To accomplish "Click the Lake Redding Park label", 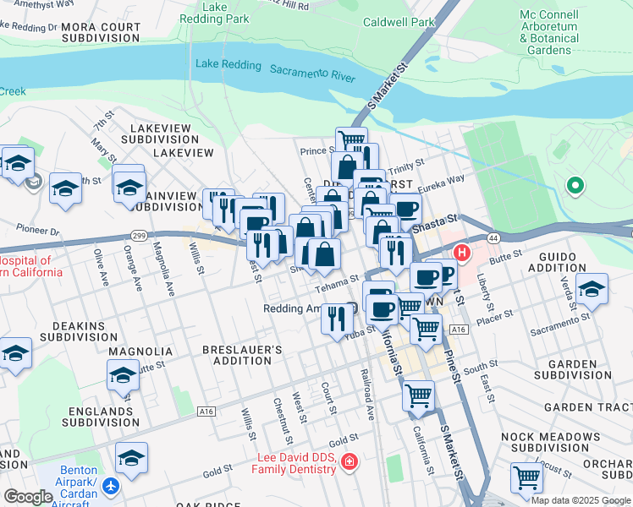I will click(x=227, y=12).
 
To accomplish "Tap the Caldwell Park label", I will click(x=397, y=23).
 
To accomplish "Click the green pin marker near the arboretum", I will click(x=575, y=185).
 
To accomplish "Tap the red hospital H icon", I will click(x=462, y=252).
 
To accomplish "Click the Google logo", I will click(x=28, y=497).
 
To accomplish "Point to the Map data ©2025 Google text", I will click(x=581, y=500).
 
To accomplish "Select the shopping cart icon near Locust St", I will click(x=526, y=477).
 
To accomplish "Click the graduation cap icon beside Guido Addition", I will click(x=592, y=289).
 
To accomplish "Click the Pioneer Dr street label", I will click(x=38, y=230).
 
